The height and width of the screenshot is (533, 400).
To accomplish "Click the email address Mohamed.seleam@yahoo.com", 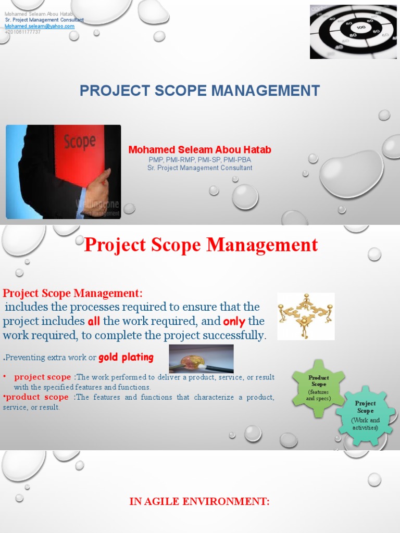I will click(40, 26).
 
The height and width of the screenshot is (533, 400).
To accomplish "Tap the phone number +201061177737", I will click(22, 32).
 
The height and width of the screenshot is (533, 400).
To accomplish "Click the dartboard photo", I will click(353, 32).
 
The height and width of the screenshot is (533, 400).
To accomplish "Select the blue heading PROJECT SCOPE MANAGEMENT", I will click(199, 91).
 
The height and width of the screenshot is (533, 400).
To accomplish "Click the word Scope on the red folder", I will click(79, 142).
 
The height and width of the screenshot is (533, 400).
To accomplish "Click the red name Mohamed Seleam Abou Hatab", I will click(199, 150).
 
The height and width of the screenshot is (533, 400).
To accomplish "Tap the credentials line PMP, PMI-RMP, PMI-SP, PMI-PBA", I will click(199, 160).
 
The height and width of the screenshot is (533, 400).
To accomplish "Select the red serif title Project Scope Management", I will click(201, 244).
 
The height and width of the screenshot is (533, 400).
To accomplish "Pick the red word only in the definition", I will click(234, 321).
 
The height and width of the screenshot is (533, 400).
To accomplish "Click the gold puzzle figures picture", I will click(305, 316).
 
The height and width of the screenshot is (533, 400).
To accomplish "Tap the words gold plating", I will click(126, 358).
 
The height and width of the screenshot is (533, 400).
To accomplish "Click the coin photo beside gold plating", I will click(201, 359).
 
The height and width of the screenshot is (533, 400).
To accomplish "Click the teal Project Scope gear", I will click(365, 415).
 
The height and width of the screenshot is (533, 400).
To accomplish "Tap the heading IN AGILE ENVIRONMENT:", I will click(199, 502).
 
